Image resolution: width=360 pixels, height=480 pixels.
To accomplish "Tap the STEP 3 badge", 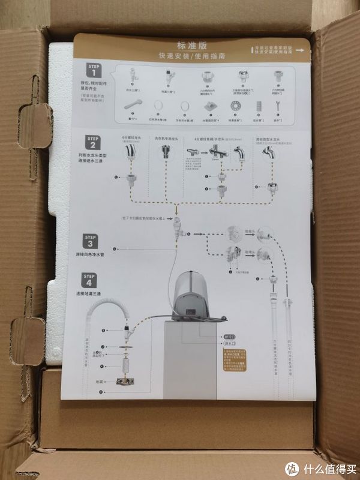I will pos(90,242).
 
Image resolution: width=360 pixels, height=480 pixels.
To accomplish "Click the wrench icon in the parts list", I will pos(277,106).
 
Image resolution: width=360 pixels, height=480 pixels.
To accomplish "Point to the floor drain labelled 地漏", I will pos(127,382).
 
